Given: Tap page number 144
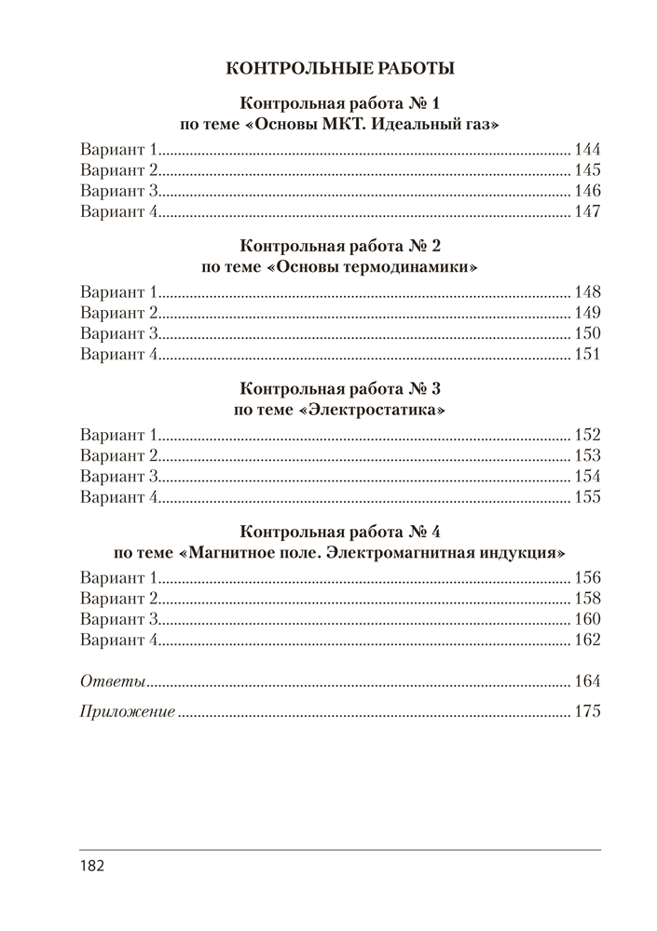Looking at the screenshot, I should pyautogui.click(x=588, y=150).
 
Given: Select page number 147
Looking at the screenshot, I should pyautogui.click(x=588, y=212).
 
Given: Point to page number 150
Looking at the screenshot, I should pyautogui.click(x=588, y=333).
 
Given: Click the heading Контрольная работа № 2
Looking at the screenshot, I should pyautogui.click(x=340, y=247).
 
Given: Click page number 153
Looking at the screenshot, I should pyautogui.click(x=588, y=455).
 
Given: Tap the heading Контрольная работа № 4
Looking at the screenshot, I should pyautogui.click(x=340, y=533).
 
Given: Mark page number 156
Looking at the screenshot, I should pyautogui.click(x=588, y=576).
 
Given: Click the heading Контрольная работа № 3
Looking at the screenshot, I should pyautogui.click(x=340, y=388).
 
